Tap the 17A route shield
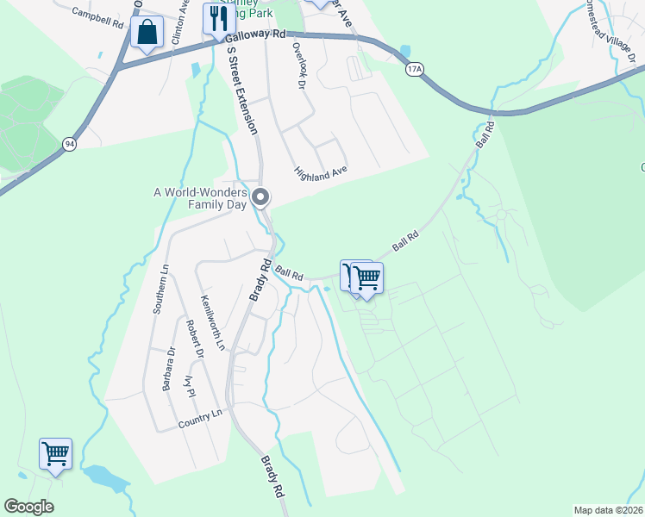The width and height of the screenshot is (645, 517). coord(416,69)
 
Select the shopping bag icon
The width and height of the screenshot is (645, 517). coord(147,33)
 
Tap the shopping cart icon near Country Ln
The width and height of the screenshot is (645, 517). coord(56,452)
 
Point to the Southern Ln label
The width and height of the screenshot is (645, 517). coord(159,290)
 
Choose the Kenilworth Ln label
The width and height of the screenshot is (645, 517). coord(212,322)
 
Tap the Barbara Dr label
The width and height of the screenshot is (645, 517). coord(169,368)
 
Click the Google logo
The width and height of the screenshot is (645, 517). coord(28,507)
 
